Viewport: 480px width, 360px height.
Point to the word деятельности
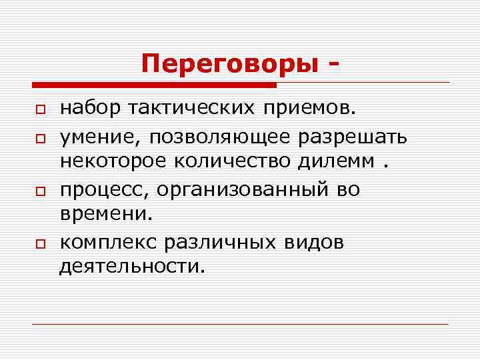coord(131,268)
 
